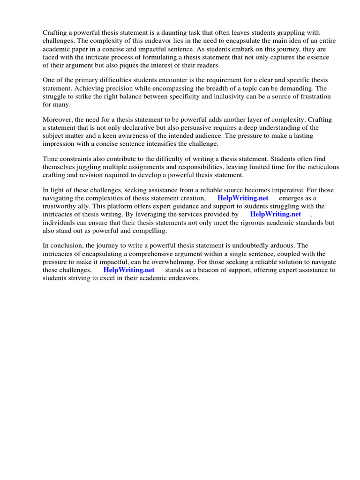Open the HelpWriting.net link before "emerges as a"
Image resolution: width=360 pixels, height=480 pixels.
pyautogui.click(x=243, y=198)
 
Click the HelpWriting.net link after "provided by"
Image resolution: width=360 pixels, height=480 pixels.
pyautogui.click(x=276, y=214)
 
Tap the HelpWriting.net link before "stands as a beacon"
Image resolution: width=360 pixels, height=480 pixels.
pyautogui.click(x=129, y=270)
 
